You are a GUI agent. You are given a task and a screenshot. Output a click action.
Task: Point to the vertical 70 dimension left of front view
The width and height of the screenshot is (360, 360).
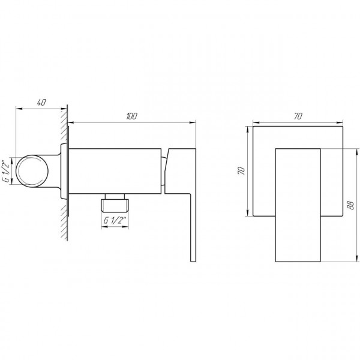coord(241,172)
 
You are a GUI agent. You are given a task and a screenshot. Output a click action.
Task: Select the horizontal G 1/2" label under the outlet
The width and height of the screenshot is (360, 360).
coord(115,220)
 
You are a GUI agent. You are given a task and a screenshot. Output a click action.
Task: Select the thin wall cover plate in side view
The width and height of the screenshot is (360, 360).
coord(70,171)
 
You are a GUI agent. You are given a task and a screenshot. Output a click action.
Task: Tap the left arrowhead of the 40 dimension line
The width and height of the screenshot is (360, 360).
coord(17,109)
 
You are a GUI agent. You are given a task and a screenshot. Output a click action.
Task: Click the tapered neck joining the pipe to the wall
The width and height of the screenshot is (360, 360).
coord(58,171)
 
